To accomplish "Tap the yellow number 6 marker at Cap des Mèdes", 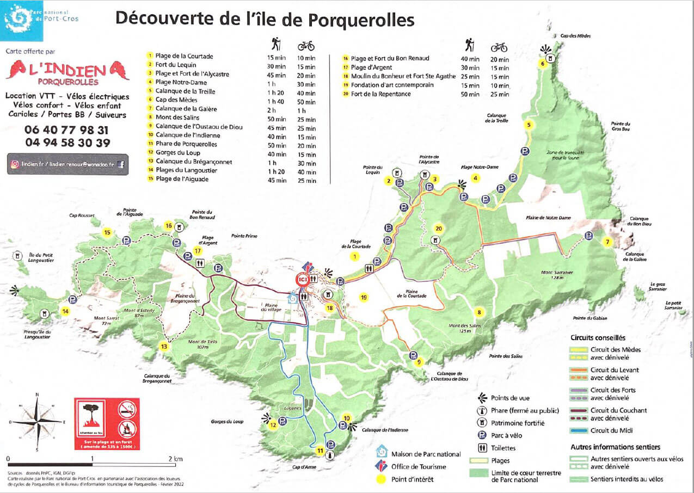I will pyautogui.click(x=542, y=63).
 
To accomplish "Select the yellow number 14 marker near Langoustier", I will pyautogui.click(x=65, y=311).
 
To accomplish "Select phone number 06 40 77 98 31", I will pyautogui.click(x=66, y=130).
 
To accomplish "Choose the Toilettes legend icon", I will pyautogui.click(x=482, y=448).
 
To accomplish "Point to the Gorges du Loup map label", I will pyautogui.click(x=226, y=421).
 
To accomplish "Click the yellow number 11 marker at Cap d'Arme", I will pyautogui.click(x=320, y=451).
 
